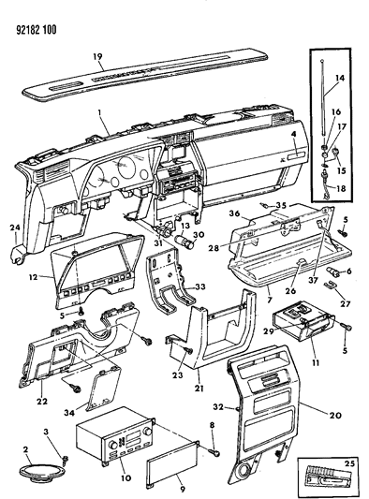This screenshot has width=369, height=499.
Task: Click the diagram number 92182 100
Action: (x=36, y=30)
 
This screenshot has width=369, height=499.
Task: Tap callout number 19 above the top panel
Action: (x=97, y=56)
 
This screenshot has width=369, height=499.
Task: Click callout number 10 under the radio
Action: (x=125, y=477)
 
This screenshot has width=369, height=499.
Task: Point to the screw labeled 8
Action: (x=214, y=451)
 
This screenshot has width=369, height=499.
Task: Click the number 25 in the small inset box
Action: (x=349, y=463)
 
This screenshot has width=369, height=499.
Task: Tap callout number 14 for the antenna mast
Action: (x=340, y=78)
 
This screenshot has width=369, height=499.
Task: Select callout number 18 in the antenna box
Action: (x=341, y=188)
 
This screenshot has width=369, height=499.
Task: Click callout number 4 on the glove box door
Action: (x=293, y=134)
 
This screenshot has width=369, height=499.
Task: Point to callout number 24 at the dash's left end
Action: (x=15, y=227)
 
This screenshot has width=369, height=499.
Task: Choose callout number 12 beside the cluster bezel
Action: (x=33, y=277)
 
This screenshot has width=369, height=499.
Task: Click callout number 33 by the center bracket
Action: (x=200, y=286)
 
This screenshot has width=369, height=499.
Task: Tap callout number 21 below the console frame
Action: (x=199, y=389)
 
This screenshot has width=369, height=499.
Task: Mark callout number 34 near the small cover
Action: (x=69, y=413)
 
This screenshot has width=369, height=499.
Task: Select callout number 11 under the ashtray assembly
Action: (x=316, y=362)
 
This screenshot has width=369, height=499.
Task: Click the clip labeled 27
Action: (x=330, y=285)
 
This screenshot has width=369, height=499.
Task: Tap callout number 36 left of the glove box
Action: (x=234, y=213)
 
